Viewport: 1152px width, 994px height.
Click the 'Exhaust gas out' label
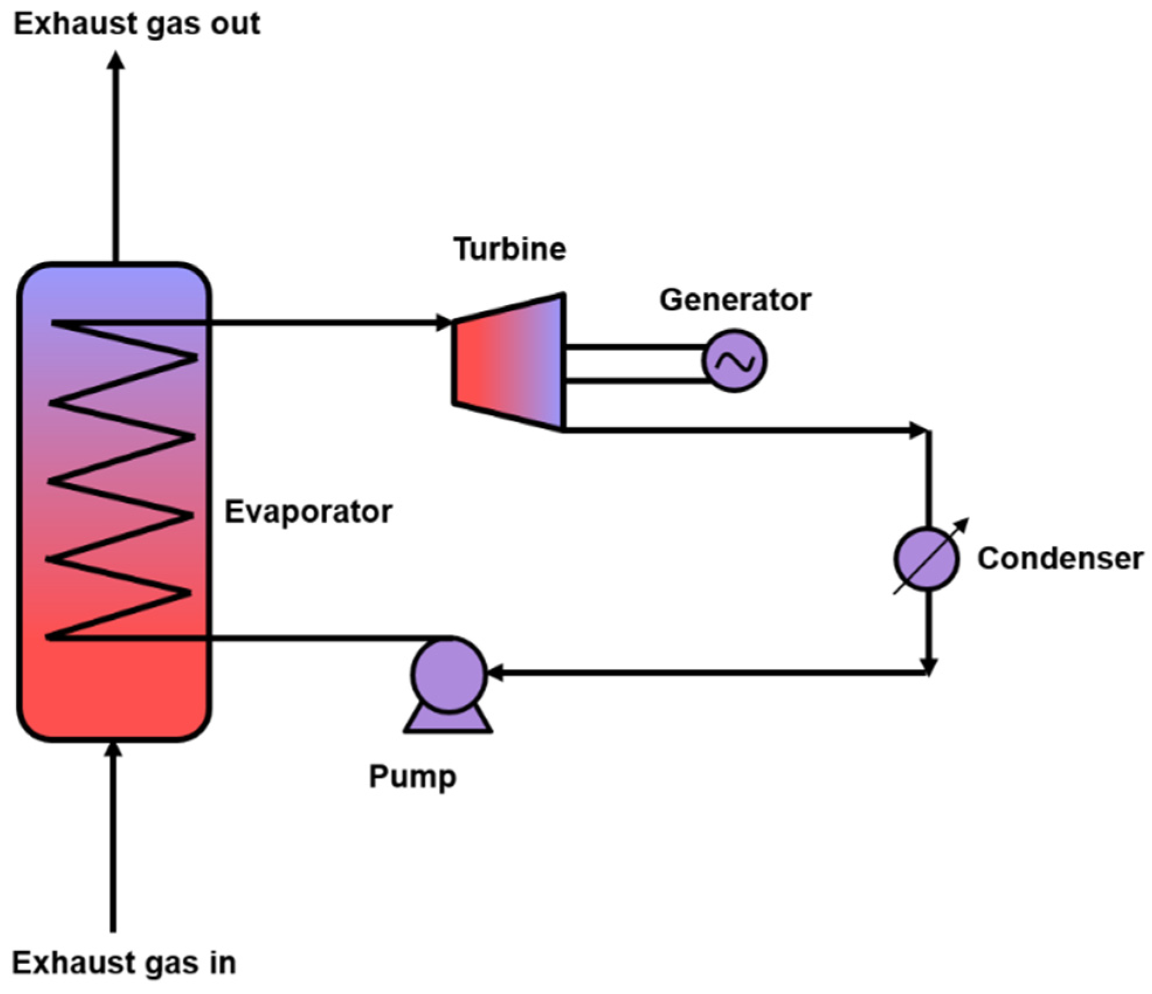(x=137, y=25)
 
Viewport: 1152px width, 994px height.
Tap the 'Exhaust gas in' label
(x=124, y=963)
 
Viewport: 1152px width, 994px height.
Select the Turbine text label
(x=510, y=249)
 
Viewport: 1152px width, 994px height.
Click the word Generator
(x=735, y=300)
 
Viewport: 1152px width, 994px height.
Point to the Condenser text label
(x=1060, y=558)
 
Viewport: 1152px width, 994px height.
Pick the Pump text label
(x=413, y=777)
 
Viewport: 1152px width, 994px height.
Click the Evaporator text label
(x=308, y=512)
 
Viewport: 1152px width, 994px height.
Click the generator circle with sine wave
(x=735, y=361)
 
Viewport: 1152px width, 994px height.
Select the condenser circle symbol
(x=926, y=558)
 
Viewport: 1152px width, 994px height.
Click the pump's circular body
(x=448, y=674)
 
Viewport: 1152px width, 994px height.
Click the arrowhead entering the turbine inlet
(x=444, y=322)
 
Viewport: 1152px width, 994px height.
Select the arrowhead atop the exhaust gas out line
(x=116, y=60)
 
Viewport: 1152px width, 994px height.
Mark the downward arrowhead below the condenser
(x=929, y=667)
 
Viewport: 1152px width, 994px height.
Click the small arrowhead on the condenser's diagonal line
(x=963, y=524)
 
